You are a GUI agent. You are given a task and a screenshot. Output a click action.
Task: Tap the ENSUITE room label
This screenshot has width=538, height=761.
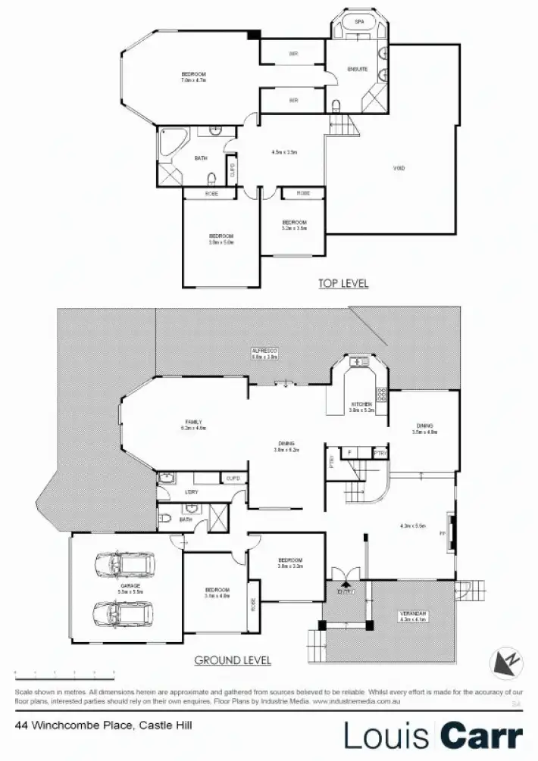click(x=358, y=69)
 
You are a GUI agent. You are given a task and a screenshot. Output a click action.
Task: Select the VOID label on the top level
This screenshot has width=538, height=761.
click(x=399, y=167)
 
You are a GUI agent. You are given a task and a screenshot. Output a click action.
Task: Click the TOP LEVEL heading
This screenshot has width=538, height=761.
click(x=343, y=283)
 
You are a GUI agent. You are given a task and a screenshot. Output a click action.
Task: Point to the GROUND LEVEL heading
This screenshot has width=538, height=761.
click(x=233, y=660)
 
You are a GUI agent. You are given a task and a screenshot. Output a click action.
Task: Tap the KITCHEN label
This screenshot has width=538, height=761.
click(x=361, y=405)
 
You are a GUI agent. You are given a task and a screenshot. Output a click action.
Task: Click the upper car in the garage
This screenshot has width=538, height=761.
click(x=124, y=564)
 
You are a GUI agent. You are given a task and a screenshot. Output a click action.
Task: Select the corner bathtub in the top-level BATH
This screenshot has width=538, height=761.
click(x=167, y=141)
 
